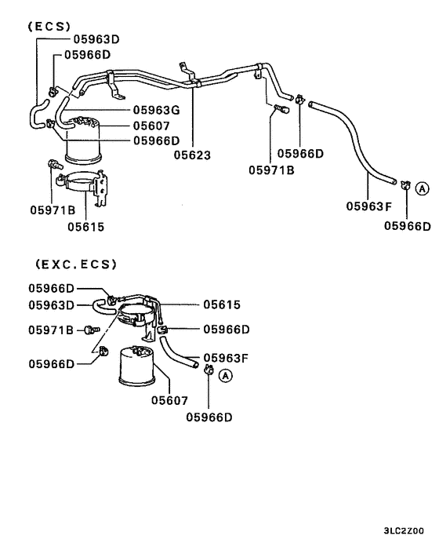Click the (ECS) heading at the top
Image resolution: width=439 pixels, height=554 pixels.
tap(49, 26)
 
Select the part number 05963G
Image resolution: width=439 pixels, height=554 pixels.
tap(156, 110)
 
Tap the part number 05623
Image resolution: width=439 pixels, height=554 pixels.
tap(193, 155)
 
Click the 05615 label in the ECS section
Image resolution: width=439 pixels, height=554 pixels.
tap(85, 227)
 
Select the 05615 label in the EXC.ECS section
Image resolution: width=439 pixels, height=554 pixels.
tap(222, 304)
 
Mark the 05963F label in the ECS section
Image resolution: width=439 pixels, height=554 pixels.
tap(369, 207)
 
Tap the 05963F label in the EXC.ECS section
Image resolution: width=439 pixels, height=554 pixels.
tap(226, 358)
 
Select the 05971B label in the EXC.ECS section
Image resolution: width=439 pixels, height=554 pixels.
tap(52, 330)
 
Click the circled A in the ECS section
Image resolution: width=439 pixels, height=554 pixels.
tap(422, 188)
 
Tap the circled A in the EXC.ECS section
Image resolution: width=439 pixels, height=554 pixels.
tap(225, 376)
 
